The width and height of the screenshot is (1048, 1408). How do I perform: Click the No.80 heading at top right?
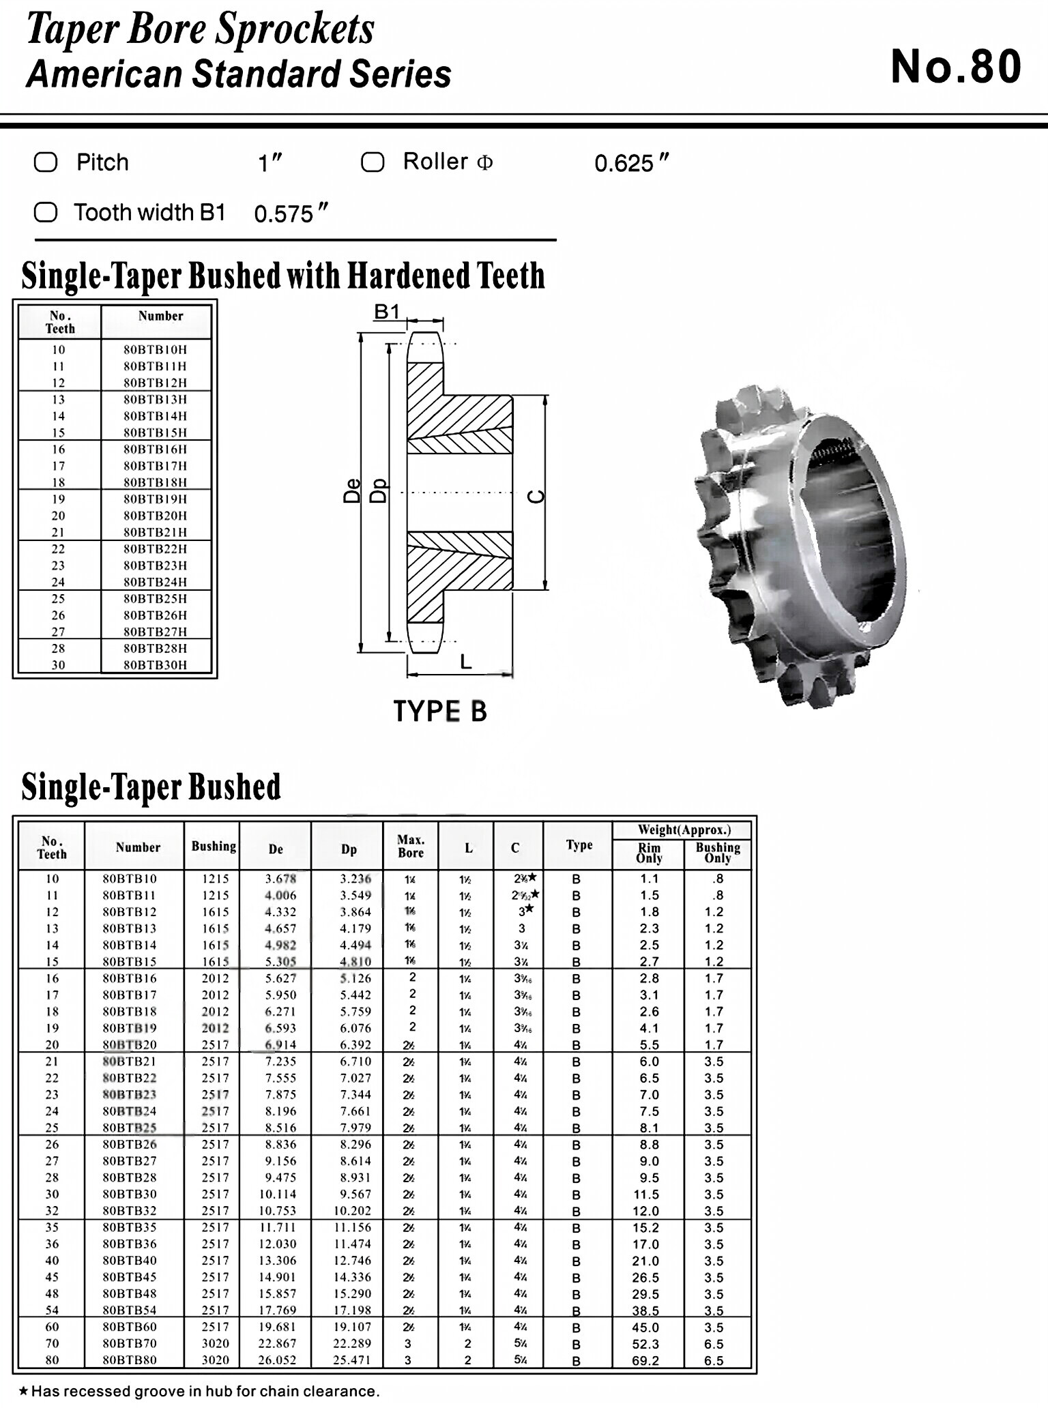point(955,67)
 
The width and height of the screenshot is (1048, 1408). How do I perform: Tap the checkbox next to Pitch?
point(46,162)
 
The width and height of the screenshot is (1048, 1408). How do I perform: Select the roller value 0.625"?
point(631,164)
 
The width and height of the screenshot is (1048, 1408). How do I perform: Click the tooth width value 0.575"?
point(291,214)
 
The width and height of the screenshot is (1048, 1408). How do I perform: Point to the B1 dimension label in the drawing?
point(387,312)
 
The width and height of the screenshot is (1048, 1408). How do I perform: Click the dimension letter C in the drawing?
point(538,496)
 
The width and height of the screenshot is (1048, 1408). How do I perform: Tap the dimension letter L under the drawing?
point(465,662)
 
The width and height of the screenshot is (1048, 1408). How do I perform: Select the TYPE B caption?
point(440,712)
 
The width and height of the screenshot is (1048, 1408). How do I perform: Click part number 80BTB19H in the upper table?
point(155,499)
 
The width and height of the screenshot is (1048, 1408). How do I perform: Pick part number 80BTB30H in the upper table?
point(155,665)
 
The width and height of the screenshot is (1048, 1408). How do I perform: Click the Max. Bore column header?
point(411,847)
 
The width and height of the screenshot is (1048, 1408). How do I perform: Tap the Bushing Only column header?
point(718,853)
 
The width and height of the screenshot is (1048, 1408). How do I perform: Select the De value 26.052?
point(276,1360)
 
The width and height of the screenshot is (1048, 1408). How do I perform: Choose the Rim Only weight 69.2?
point(645,1360)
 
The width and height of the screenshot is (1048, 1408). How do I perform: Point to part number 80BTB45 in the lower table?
point(130,1277)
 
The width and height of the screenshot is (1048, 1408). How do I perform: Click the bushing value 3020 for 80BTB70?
point(215,1343)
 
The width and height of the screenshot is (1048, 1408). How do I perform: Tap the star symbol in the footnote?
point(23,1390)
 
